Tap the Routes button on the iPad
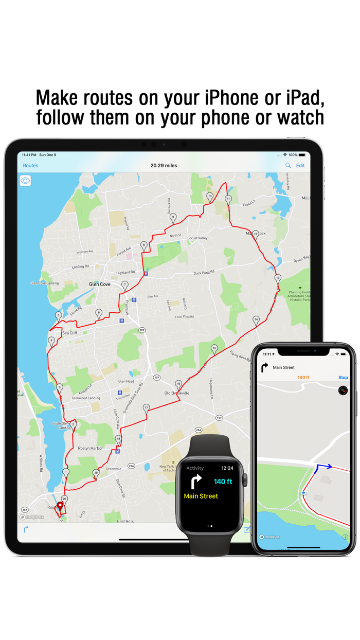(30, 166)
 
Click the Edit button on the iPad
(300, 166)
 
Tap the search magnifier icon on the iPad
(288, 166)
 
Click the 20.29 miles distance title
(164, 166)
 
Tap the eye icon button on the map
(25, 181)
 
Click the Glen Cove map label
(100, 285)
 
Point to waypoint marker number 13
(278, 278)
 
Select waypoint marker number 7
(124, 285)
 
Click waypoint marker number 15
(214, 349)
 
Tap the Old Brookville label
(176, 393)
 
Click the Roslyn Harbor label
(90, 448)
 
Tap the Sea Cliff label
(69, 333)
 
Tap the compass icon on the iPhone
(343, 391)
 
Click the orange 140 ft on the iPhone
(303, 378)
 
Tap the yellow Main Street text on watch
(201, 496)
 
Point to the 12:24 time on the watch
(227, 468)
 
